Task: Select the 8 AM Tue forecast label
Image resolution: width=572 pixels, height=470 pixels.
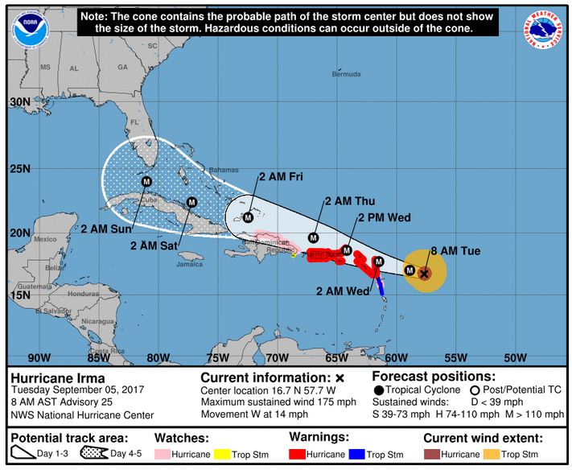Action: coord(455,251)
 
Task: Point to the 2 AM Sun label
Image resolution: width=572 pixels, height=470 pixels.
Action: coord(105,229)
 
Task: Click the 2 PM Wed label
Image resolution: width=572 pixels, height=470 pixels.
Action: coord(385,217)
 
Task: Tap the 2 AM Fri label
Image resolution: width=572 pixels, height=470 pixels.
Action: coord(279,177)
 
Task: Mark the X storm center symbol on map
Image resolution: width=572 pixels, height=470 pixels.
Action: coord(424,274)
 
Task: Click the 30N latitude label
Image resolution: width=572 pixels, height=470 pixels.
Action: coord(20,102)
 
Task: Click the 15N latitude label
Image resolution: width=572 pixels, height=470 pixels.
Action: coord(20,295)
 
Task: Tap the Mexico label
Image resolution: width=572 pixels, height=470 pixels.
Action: coord(44,239)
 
